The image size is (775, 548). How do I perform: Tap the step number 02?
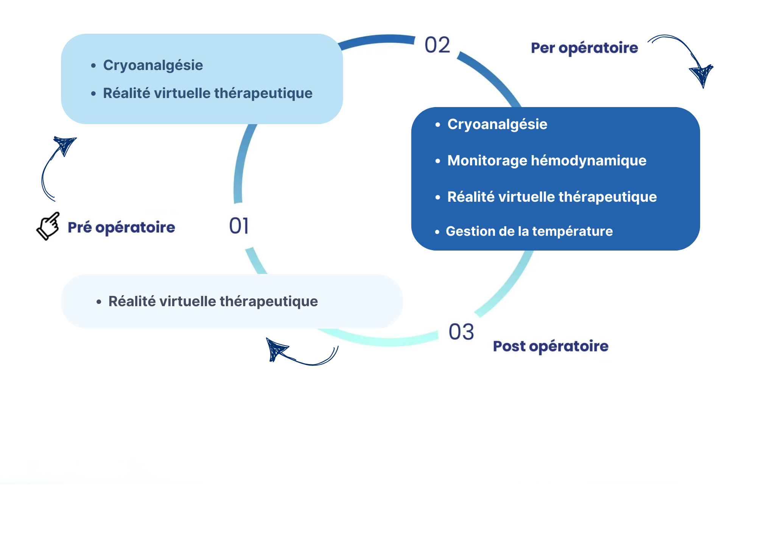[437, 45]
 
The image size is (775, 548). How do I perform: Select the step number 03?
[461, 332]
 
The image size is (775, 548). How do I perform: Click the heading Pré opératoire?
[121, 227]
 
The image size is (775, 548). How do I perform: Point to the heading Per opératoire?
[584, 48]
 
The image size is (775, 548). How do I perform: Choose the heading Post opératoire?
[551, 346]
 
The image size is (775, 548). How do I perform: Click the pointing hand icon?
[48, 226]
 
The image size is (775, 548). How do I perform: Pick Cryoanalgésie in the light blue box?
[153, 65]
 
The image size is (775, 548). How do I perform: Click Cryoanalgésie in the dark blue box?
[497, 125]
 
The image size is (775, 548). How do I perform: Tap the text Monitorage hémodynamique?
[547, 160]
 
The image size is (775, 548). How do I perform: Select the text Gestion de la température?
[529, 231]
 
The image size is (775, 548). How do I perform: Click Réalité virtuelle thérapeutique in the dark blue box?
[552, 197]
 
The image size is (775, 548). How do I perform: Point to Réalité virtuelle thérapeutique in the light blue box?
[208, 93]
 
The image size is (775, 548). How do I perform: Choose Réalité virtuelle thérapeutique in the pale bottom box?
[213, 302]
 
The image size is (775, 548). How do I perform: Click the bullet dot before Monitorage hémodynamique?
[438, 161]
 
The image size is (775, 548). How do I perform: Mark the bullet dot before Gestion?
[437, 232]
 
